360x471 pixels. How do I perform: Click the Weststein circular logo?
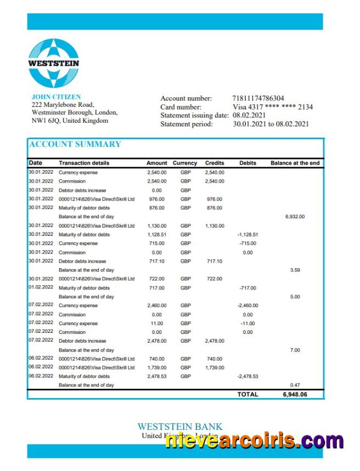pyautogui.click(x=54, y=63)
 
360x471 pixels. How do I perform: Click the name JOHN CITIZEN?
pyautogui.click(x=56, y=97)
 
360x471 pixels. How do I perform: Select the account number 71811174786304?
pyautogui.click(x=258, y=99)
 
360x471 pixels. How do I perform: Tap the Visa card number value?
pyautogui.click(x=273, y=107)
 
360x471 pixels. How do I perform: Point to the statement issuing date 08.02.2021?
pyautogui.click(x=249, y=115)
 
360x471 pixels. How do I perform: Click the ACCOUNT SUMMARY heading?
pyautogui.click(x=75, y=144)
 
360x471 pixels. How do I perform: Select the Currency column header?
pyautogui.click(x=185, y=163)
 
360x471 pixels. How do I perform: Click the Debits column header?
pyautogui.click(x=248, y=163)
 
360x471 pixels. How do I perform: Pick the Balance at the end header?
pyautogui.click(x=295, y=163)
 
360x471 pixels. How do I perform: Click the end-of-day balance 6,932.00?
pyautogui.click(x=295, y=217)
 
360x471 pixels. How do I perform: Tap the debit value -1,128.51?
pyautogui.click(x=248, y=235)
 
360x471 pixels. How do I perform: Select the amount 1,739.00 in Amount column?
pyautogui.click(x=157, y=367)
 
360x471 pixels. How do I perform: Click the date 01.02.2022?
pyautogui.click(x=41, y=287)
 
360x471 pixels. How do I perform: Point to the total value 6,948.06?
pyautogui.click(x=295, y=394)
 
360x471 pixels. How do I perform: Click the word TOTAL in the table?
pyautogui.click(x=248, y=394)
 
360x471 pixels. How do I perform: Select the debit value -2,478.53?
pyautogui.click(x=248, y=377)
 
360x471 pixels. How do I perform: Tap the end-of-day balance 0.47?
pyautogui.click(x=295, y=385)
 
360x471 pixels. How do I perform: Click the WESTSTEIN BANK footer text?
pyautogui.click(x=179, y=427)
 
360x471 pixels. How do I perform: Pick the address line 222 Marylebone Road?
pyautogui.click(x=63, y=105)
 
